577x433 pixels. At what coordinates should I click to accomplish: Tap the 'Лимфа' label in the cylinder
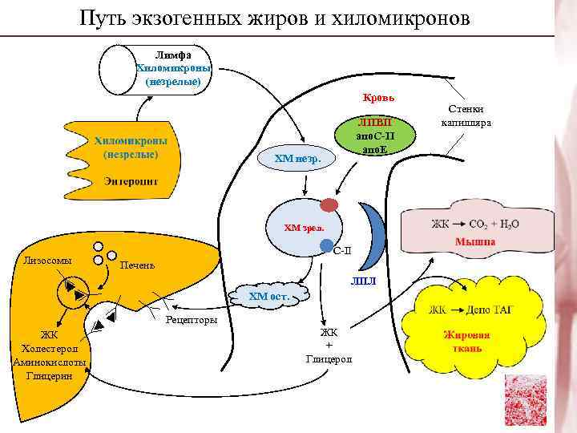click(x=172, y=55)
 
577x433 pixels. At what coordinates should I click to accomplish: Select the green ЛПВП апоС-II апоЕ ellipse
click(x=374, y=136)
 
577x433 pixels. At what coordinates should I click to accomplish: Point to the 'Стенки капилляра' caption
click(x=466, y=117)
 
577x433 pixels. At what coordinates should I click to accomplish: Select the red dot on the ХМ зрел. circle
click(x=329, y=204)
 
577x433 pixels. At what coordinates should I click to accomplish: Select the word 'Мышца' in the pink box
click(x=475, y=241)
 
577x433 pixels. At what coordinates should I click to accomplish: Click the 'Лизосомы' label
click(x=47, y=261)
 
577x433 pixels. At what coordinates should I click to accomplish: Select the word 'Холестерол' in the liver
click(x=49, y=349)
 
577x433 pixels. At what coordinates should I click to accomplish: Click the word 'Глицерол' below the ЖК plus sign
click(x=329, y=358)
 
